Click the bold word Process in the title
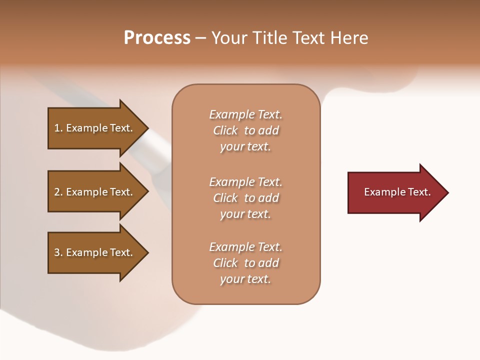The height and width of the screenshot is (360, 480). click(157, 38)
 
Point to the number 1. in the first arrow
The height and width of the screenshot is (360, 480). click(58, 128)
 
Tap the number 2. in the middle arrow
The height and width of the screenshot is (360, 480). click(58, 192)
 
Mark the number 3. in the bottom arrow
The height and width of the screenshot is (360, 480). click(58, 252)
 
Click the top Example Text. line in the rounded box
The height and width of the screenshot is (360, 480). click(245, 114)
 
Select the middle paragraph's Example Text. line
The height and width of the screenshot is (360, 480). click(245, 182)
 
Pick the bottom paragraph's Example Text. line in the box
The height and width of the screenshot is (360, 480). click(245, 247)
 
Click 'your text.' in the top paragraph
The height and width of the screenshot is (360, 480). click(245, 147)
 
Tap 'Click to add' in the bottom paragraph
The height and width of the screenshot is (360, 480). click(245, 263)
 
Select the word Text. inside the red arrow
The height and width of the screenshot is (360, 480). click(418, 192)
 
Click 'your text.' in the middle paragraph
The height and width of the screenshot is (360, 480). click(245, 214)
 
